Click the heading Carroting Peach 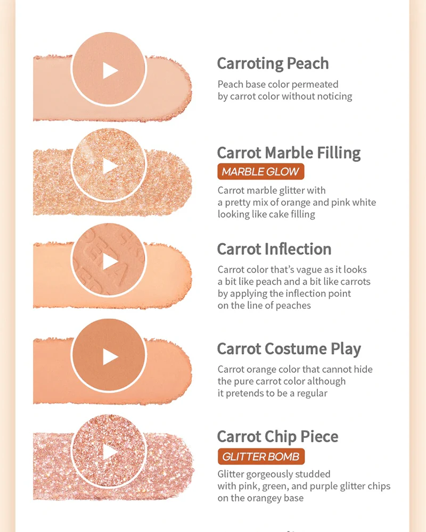pos(273,64)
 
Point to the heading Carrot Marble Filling pos(289,153)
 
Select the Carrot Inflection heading pos(274,249)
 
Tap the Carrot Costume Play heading pos(289,349)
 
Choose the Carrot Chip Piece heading pos(277,437)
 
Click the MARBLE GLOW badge pos(261,172)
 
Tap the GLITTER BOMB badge pos(261,456)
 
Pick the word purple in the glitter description pos(334,487)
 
